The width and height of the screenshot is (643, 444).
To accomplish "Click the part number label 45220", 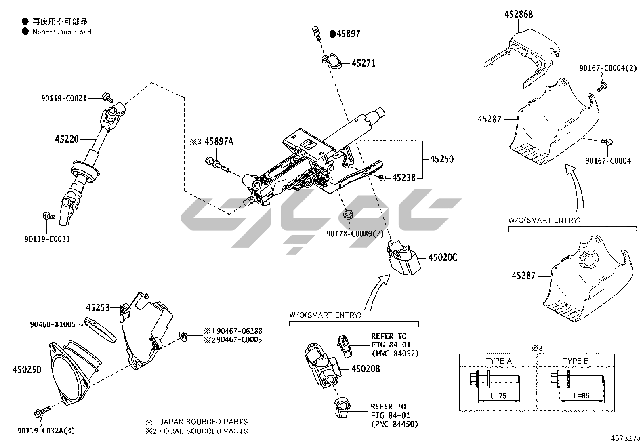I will click(x=67, y=139).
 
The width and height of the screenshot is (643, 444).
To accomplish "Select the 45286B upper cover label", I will click(x=518, y=15).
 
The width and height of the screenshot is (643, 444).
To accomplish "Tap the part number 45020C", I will click(x=442, y=257).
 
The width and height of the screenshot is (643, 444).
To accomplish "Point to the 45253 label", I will click(x=98, y=308).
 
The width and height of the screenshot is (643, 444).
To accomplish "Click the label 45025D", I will click(x=27, y=369).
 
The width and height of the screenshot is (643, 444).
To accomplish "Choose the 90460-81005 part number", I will click(x=53, y=324).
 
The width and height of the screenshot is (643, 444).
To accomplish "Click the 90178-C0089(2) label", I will click(x=355, y=234).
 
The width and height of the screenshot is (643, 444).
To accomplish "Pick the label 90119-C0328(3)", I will click(x=46, y=431).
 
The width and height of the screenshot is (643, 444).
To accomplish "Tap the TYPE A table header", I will click(x=498, y=361).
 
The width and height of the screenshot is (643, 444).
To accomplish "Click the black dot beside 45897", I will click(x=332, y=34).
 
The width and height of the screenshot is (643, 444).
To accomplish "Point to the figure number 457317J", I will click(x=626, y=438).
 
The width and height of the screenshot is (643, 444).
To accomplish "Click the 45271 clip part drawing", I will click(x=332, y=61).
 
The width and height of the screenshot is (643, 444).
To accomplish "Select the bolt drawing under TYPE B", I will click(x=576, y=380).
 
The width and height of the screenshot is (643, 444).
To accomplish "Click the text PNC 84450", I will click(x=395, y=424).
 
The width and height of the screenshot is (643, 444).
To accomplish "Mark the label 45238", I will click(x=403, y=177).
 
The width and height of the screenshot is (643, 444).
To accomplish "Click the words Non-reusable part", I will click(x=62, y=32).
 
